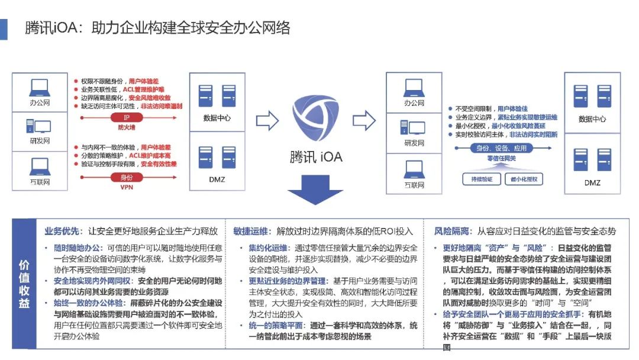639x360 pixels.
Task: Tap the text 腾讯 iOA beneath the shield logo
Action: coord(317,156)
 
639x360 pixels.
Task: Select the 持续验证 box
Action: coord(477,178)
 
